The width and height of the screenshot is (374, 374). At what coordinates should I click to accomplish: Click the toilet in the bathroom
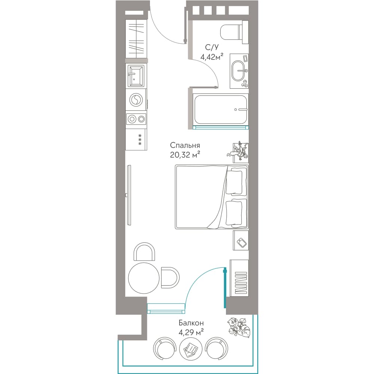(234, 32)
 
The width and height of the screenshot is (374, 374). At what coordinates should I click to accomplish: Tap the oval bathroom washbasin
(238, 71)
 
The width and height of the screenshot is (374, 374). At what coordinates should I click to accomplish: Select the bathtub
(221, 110)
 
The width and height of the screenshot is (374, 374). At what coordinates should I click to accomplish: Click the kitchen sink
(136, 76)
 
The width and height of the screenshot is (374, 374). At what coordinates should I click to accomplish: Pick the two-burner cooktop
(136, 119)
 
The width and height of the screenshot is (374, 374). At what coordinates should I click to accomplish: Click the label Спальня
(185, 145)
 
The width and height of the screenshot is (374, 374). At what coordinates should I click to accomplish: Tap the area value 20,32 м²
(185, 155)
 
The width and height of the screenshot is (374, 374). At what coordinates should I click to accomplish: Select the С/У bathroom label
(212, 47)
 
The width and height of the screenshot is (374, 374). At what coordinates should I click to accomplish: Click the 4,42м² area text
(212, 57)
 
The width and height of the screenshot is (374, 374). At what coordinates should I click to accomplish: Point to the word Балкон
(191, 323)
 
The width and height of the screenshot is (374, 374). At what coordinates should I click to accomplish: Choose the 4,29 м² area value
(191, 332)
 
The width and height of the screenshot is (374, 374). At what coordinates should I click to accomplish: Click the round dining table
(144, 278)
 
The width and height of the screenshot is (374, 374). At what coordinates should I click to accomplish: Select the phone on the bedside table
(242, 243)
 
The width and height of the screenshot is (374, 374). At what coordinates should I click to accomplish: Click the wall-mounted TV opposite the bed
(129, 195)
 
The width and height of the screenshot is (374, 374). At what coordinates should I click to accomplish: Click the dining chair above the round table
(144, 252)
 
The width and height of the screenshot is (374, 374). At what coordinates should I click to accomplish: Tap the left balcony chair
(165, 348)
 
